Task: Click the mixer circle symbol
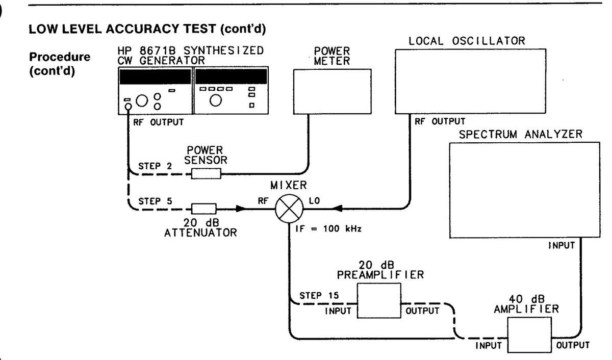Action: coord(289,209)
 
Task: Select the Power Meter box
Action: coord(332,91)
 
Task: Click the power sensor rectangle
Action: coord(206,174)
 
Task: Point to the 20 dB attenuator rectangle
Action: coord(203,208)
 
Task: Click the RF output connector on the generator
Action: coord(127,106)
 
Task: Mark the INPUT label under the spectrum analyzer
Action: coord(562,246)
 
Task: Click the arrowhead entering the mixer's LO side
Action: coord(337,209)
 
